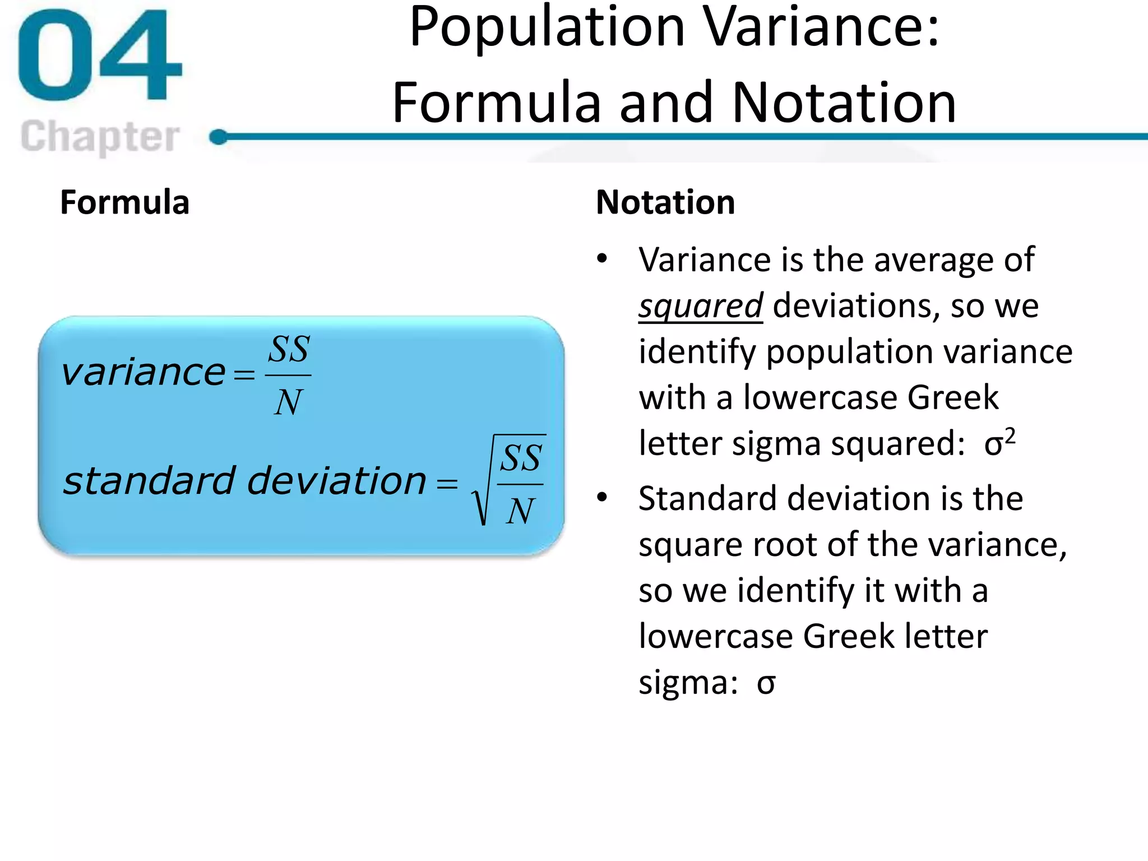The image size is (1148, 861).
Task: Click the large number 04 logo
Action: click(100, 56)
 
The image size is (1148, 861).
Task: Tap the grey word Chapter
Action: click(100, 137)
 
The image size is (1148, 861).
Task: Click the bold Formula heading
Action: click(124, 202)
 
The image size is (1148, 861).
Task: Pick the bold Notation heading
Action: click(665, 202)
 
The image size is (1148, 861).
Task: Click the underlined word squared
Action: click(701, 306)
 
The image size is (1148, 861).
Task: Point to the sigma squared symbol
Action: click(999, 443)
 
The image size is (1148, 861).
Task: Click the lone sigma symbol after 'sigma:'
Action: click(766, 683)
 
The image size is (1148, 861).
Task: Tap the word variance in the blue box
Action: click(143, 372)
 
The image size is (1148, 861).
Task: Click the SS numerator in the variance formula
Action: click(289, 350)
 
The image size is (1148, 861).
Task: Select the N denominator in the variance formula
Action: click(289, 402)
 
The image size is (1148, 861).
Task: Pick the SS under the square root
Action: click(521, 459)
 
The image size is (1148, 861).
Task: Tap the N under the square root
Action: click(520, 511)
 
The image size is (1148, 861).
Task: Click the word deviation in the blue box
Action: click(336, 481)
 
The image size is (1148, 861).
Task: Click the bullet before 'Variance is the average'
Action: click(603, 259)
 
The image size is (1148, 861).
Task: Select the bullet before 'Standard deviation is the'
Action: click(603, 497)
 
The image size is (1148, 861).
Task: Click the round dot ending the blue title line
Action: click(219, 137)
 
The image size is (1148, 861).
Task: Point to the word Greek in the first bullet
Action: click(953, 397)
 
